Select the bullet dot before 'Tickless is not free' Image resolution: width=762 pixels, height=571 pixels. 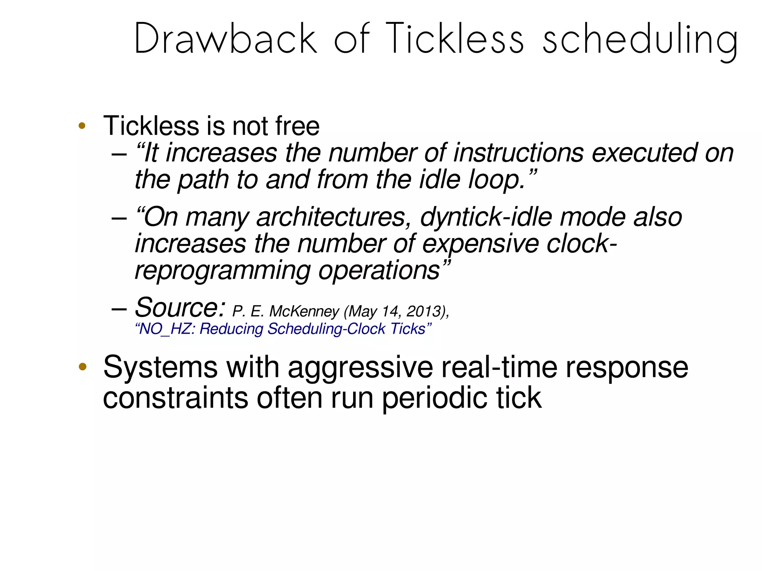click(82, 126)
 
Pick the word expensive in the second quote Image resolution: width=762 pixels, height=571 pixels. click(480, 244)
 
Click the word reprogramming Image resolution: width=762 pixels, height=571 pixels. click(222, 270)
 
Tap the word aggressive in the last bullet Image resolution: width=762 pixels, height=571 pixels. click(360, 367)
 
